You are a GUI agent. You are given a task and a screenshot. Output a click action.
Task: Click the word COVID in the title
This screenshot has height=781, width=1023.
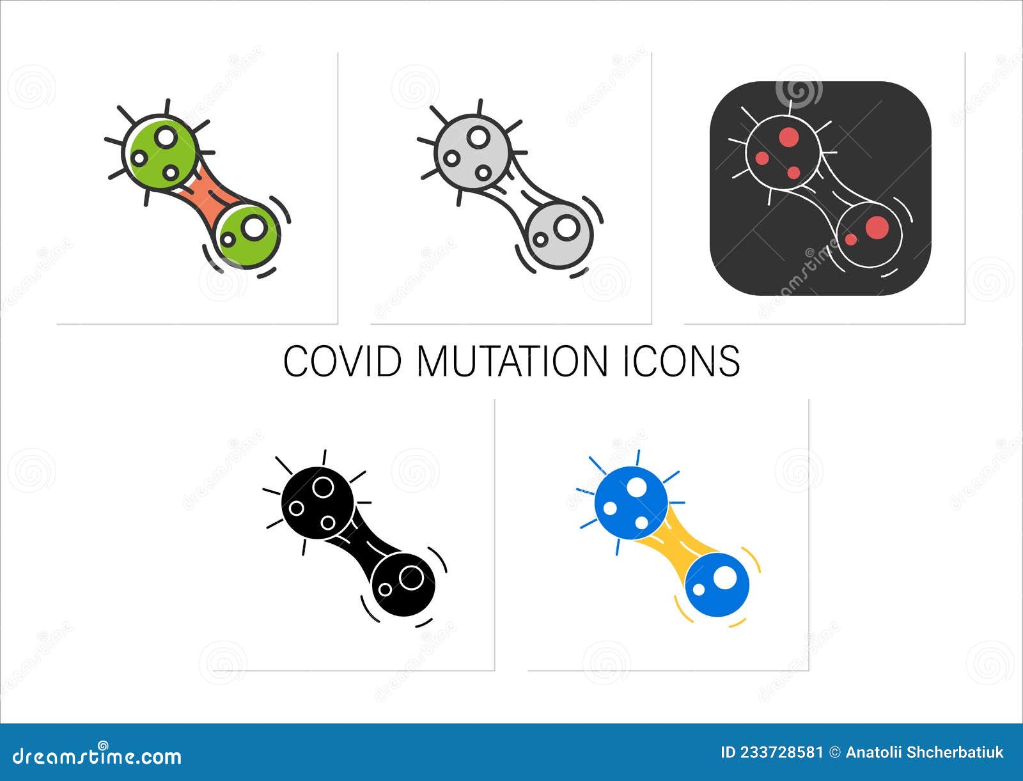pyautogui.click(x=342, y=361)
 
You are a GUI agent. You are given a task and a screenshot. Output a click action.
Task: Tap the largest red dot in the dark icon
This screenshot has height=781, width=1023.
pyautogui.click(x=877, y=226)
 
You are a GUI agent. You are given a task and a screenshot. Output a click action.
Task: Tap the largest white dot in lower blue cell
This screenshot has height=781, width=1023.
pyautogui.click(x=724, y=579)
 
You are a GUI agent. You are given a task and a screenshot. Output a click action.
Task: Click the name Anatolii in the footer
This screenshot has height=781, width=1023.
pyautogui.click(x=873, y=752)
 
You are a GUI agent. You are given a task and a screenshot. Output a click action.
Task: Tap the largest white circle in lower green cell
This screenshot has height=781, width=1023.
pyautogui.click(x=253, y=227)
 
